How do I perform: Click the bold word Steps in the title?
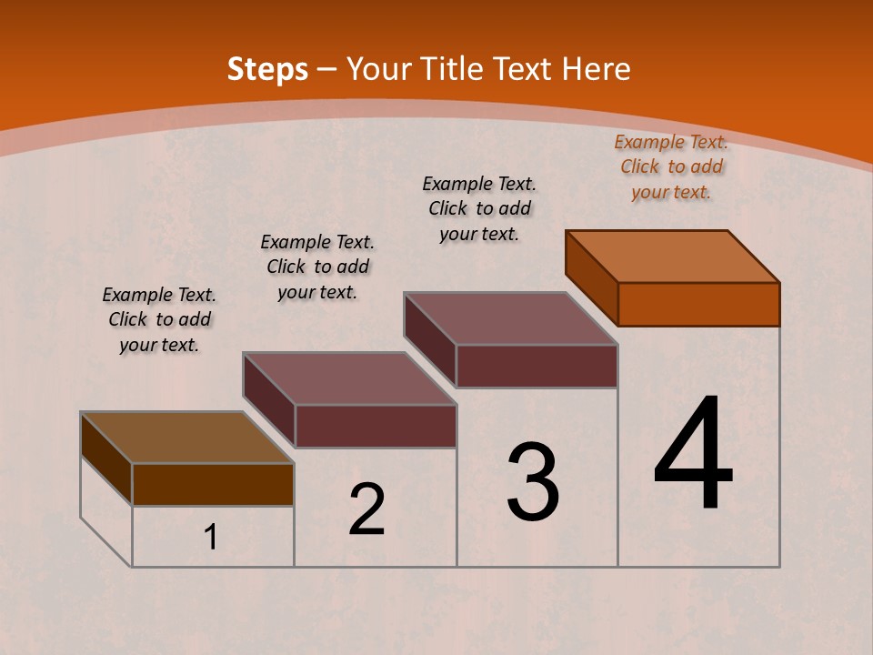267,69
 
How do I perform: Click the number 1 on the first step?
210,538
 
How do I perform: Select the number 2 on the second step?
366,509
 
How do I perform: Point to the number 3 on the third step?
533,482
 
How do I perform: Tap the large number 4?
693,455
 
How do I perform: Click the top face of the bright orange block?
673,256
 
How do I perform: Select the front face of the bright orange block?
698,304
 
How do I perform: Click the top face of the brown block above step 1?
186,438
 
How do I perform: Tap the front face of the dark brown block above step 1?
213,484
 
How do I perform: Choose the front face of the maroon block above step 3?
537,366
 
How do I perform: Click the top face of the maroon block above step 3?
511,318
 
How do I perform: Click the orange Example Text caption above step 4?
671,166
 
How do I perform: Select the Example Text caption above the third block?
479,208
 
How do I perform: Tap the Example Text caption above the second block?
317,267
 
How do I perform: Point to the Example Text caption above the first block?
159,319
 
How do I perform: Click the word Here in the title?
596,69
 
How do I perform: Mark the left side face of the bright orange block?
591,277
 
